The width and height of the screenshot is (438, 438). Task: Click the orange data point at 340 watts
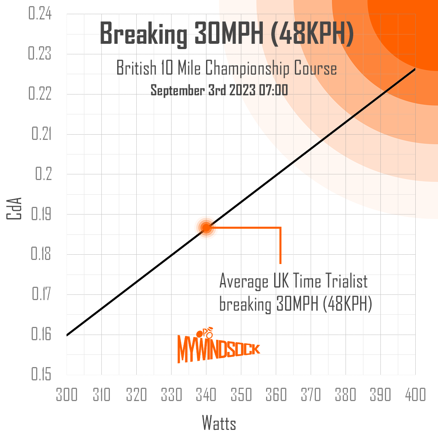pyautogui.click(x=206, y=228)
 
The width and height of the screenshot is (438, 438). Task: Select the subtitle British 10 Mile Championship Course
pyautogui.click(x=227, y=68)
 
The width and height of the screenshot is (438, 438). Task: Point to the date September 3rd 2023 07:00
pyautogui.click(x=219, y=90)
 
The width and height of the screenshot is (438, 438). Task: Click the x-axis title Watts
pyautogui.click(x=219, y=423)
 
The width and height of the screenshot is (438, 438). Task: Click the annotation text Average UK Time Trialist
pyautogui.click(x=293, y=281)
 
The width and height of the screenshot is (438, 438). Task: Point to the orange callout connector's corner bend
pyautogui.click(x=280, y=228)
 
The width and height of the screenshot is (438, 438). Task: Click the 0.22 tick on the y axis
pyautogui.click(x=40, y=94)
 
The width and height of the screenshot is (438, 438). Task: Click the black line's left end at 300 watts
pyautogui.click(x=67, y=335)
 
